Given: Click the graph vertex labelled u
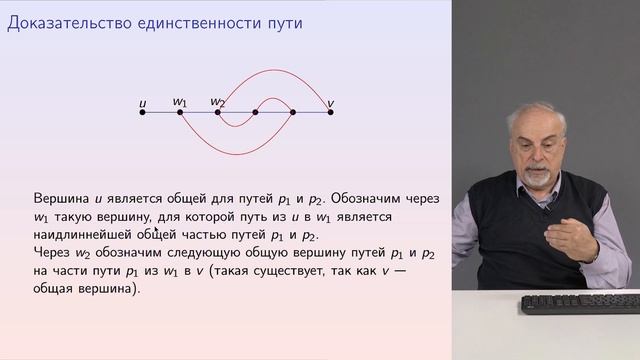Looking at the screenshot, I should tap(142, 112).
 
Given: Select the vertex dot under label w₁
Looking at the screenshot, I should tap(180, 112).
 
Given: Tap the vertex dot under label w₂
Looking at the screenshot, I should tap(217, 112).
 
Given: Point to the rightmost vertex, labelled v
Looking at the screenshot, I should tap(330, 112).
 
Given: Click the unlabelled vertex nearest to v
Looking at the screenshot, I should tap(292, 112).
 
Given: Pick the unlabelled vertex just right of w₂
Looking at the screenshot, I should tap(255, 112).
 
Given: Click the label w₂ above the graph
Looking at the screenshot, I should tap(218, 101).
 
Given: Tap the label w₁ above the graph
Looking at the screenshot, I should tap(180, 101).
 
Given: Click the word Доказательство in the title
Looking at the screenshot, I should tap(63, 21).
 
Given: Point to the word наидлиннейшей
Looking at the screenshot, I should tap(82, 235).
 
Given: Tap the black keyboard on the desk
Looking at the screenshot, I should tap(580, 303).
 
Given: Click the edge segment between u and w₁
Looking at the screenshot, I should tap(161, 112).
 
